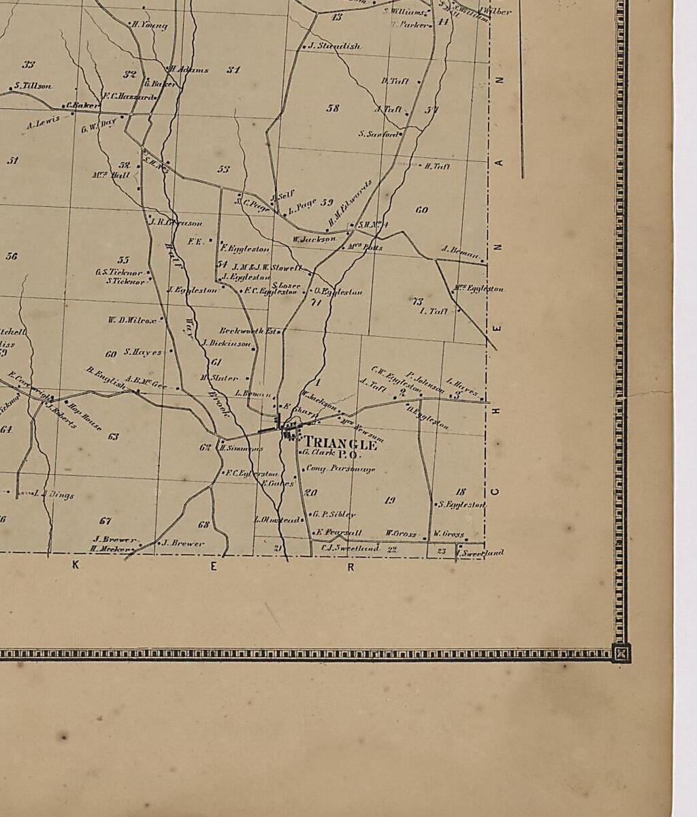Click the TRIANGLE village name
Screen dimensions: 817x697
[340, 445]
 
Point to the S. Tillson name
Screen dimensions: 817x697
[32, 86]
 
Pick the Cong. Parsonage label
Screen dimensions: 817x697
[340, 468]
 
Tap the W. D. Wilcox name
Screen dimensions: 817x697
[132, 319]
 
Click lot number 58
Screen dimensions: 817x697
[333, 108]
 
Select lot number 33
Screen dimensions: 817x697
[28, 65]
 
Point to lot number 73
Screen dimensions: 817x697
[417, 300]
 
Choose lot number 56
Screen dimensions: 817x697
[12, 256]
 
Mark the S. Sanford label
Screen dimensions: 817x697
[378, 134]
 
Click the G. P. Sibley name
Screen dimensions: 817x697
[334, 515]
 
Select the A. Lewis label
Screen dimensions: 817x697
[43, 123]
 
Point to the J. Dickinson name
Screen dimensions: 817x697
[227, 343]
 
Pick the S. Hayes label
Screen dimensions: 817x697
[143, 352]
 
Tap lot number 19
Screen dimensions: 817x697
[389, 500]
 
